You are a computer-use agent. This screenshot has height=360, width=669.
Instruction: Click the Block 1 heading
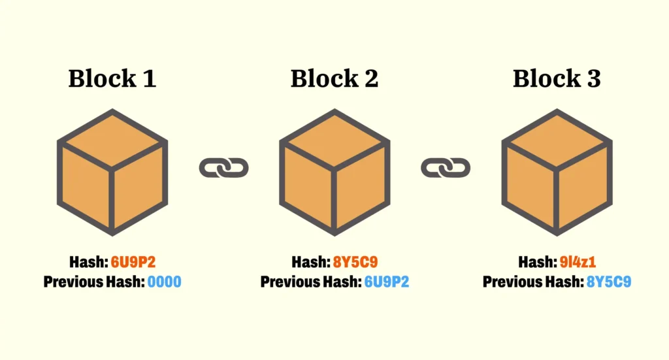point(112,79)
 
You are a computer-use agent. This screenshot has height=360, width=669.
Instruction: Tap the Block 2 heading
point(334,79)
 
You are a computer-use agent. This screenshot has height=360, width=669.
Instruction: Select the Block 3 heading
point(557,79)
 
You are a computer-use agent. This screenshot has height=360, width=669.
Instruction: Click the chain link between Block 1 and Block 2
point(223,169)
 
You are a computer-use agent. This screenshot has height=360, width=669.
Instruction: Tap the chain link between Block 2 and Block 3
point(446,169)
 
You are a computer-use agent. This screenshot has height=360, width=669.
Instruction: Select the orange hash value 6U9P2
point(133,263)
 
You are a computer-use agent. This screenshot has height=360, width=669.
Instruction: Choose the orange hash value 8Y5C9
point(355,263)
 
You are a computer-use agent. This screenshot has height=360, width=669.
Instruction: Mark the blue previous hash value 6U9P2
point(387,282)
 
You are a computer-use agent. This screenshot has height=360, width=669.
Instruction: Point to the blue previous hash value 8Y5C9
point(609,282)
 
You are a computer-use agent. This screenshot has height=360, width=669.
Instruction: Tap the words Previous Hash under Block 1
point(93,282)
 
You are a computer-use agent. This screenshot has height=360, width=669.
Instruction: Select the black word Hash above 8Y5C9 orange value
point(310,263)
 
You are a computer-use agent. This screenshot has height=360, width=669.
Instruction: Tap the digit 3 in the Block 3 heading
point(593,79)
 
